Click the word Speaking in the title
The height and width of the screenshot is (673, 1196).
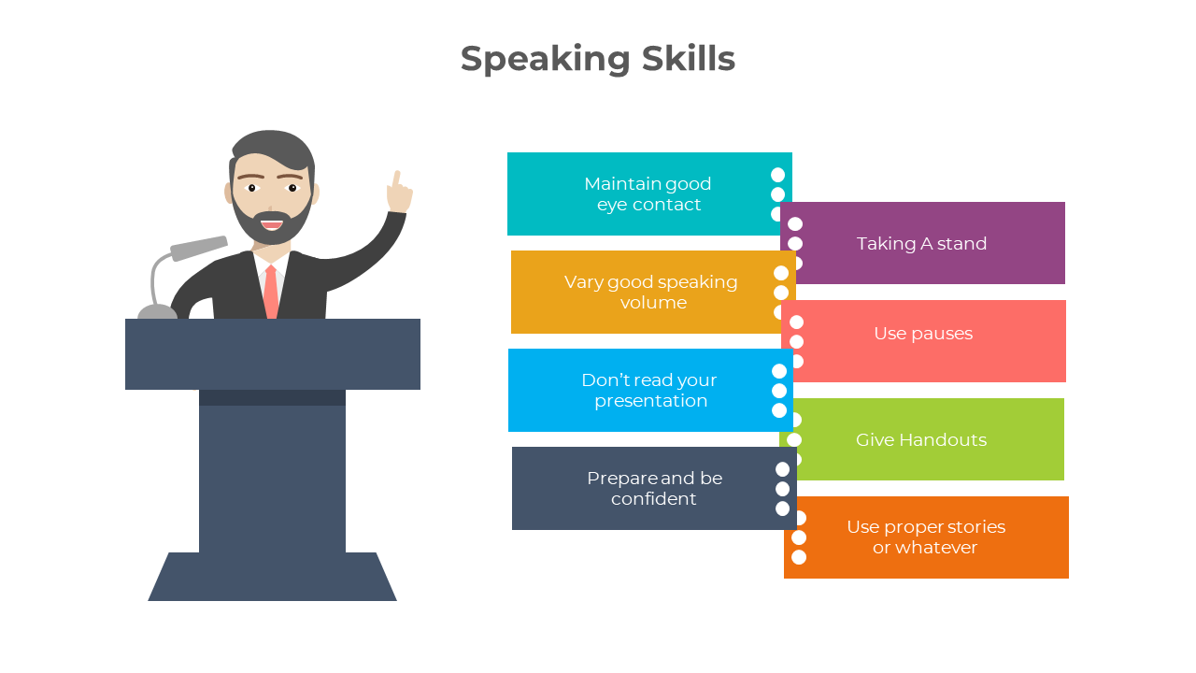tap(545, 59)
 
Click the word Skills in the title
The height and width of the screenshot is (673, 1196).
tap(689, 58)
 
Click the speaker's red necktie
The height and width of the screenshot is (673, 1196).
tap(271, 292)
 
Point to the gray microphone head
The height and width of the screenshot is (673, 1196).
tap(199, 248)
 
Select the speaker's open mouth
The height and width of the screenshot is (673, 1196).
tap(272, 223)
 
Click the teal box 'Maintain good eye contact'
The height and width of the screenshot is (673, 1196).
tap(649, 193)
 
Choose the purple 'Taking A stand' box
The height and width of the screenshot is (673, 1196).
tap(922, 243)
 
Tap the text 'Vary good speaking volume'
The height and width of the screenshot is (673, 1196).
tap(651, 293)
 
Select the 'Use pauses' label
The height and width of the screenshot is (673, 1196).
tap(923, 334)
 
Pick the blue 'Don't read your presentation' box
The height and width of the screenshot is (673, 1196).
tap(650, 391)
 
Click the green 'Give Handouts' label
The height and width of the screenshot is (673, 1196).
tap(921, 439)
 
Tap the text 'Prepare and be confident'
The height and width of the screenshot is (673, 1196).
tap(655, 488)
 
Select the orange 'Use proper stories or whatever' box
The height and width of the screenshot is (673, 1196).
tap(926, 537)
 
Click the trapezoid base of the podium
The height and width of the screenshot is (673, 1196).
tap(272, 577)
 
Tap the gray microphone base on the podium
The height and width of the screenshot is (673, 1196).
tap(158, 311)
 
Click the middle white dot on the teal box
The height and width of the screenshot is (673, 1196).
tap(778, 194)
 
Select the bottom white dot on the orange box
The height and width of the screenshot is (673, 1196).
tap(799, 557)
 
